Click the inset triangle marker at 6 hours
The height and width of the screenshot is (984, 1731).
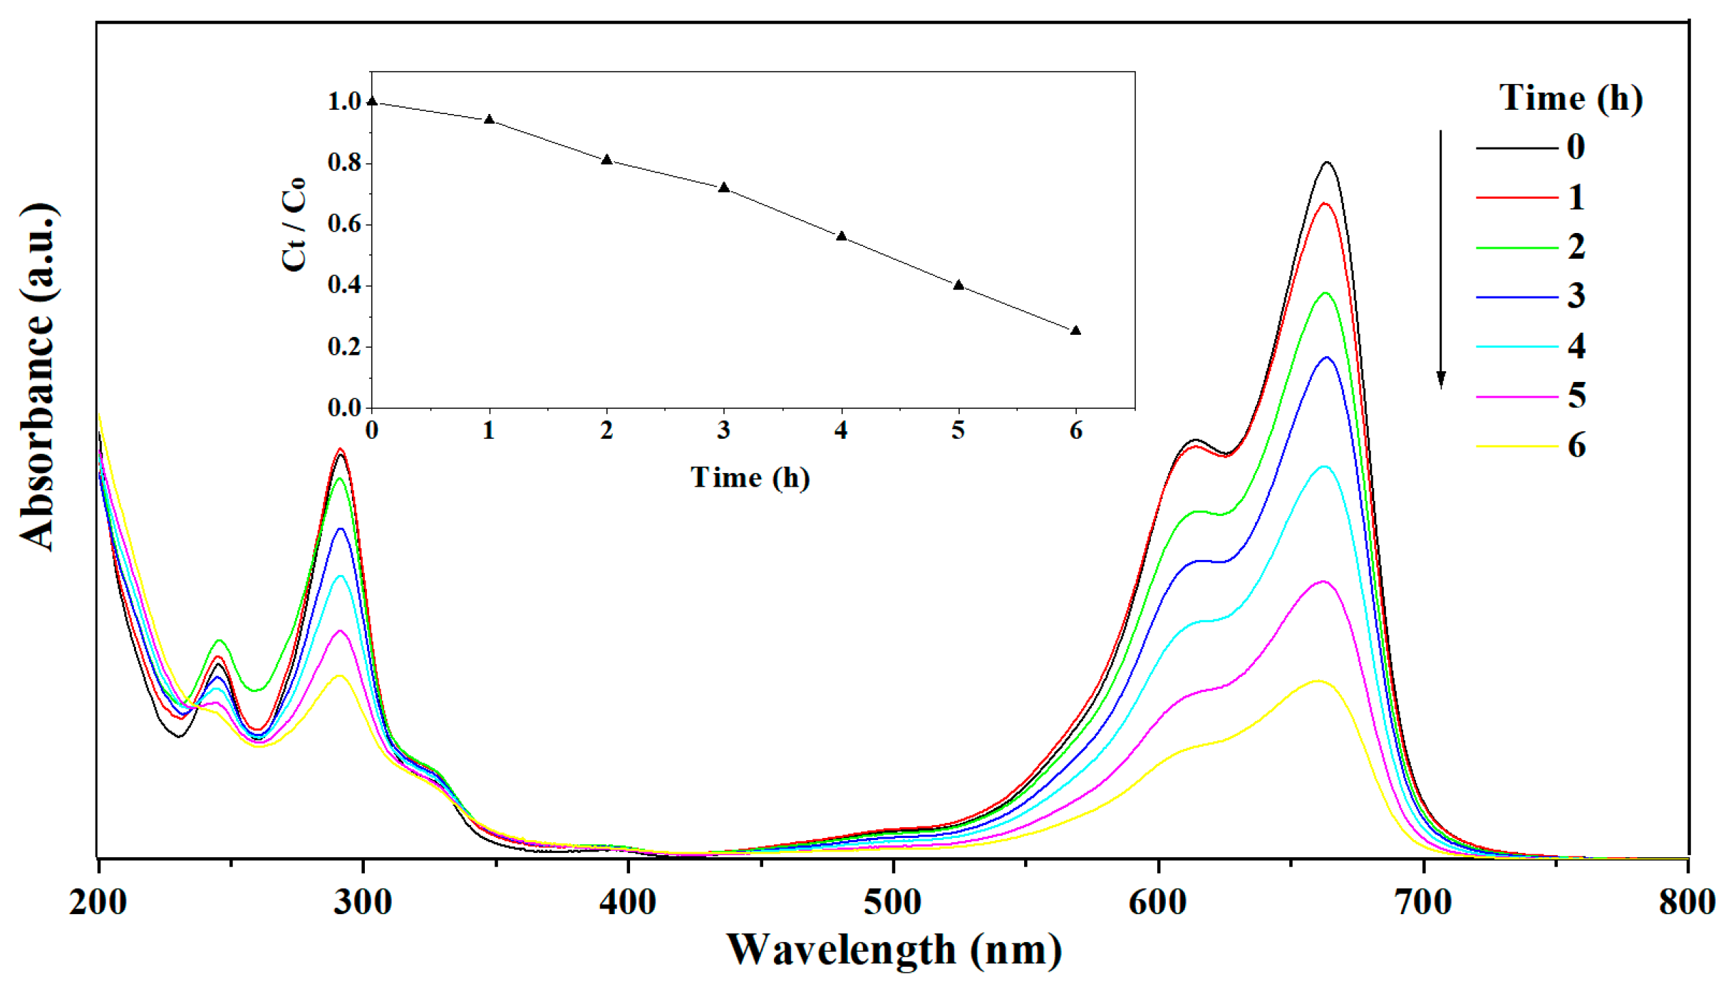click(x=1076, y=331)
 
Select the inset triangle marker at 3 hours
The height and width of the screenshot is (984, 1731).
click(x=724, y=187)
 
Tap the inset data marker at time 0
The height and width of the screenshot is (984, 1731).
click(x=372, y=101)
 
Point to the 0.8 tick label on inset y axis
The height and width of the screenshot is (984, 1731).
click(x=345, y=163)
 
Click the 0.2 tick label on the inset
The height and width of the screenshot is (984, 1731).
click(x=345, y=347)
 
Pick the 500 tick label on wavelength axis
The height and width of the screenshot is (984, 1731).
click(x=892, y=902)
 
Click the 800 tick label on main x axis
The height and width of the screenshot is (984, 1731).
click(x=1686, y=902)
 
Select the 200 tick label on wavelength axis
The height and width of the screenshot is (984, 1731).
click(x=98, y=902)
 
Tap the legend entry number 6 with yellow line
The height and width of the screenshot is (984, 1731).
click(x=1576, y=445)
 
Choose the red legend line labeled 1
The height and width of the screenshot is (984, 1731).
click(x=1516, y=197)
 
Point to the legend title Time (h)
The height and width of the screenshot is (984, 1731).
click(x=1571, y=98)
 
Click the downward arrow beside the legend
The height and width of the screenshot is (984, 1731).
click(x=1441, y=260)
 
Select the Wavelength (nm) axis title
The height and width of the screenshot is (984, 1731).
click(x=894, y=950)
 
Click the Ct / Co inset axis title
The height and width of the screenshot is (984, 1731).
click(x=294, y=224)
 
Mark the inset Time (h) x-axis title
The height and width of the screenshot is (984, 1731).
click(x=750, y=477)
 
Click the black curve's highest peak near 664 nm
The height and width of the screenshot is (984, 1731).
click(x=1327, y=162)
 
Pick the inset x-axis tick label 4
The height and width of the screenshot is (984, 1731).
click(x=842, y=430)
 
